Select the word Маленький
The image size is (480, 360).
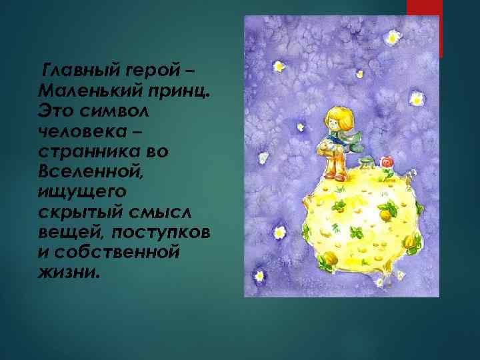click(87, 89)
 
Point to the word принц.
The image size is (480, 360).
click(179, 89)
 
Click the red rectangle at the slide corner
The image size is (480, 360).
click(424, 23)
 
